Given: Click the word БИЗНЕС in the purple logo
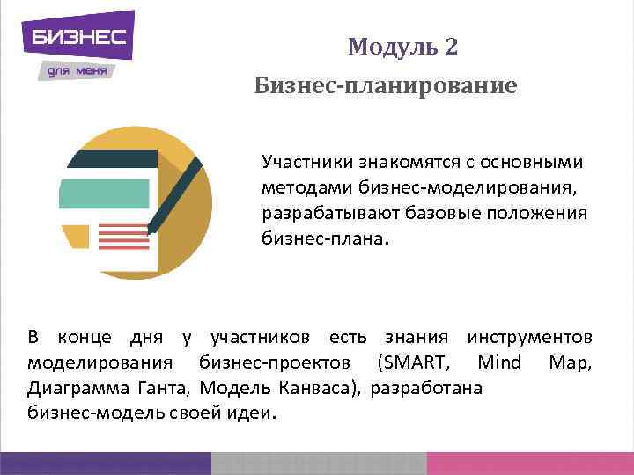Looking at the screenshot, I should click(x=79, y=38).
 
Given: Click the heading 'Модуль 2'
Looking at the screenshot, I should click(x=402, y=47).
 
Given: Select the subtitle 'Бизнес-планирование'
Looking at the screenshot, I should click(x=385, y=86).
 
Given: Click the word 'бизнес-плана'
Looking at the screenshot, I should click(x=321, y=238).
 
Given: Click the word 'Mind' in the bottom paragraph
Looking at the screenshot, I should click(x=499, y=362).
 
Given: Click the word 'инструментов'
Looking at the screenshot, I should click(x=530, y=337).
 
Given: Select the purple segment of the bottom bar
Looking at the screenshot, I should click(x=106, y=463).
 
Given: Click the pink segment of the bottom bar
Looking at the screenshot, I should click(x=529, y=463).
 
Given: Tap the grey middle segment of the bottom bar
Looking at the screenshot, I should click(x=319, y=463).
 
